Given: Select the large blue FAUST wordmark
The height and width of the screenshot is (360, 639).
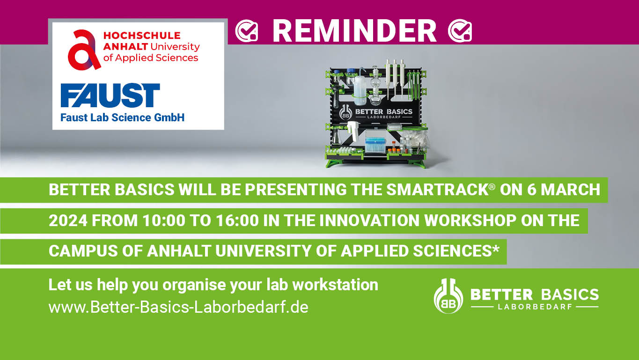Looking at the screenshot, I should [110, 96].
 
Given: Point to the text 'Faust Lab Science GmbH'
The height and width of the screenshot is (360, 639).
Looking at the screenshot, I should [122, 118].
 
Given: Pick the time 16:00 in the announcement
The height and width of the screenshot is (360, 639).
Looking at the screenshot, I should [236, 220].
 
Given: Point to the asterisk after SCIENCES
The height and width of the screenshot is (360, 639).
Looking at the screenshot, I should [496, 249].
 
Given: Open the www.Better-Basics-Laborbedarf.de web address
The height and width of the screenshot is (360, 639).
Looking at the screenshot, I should [178, 308].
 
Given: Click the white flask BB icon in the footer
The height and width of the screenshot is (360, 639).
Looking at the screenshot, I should [448, 296].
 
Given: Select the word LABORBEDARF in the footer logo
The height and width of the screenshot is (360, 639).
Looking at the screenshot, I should [534, 307].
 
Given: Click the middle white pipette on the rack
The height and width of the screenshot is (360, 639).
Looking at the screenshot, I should [394, 77].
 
